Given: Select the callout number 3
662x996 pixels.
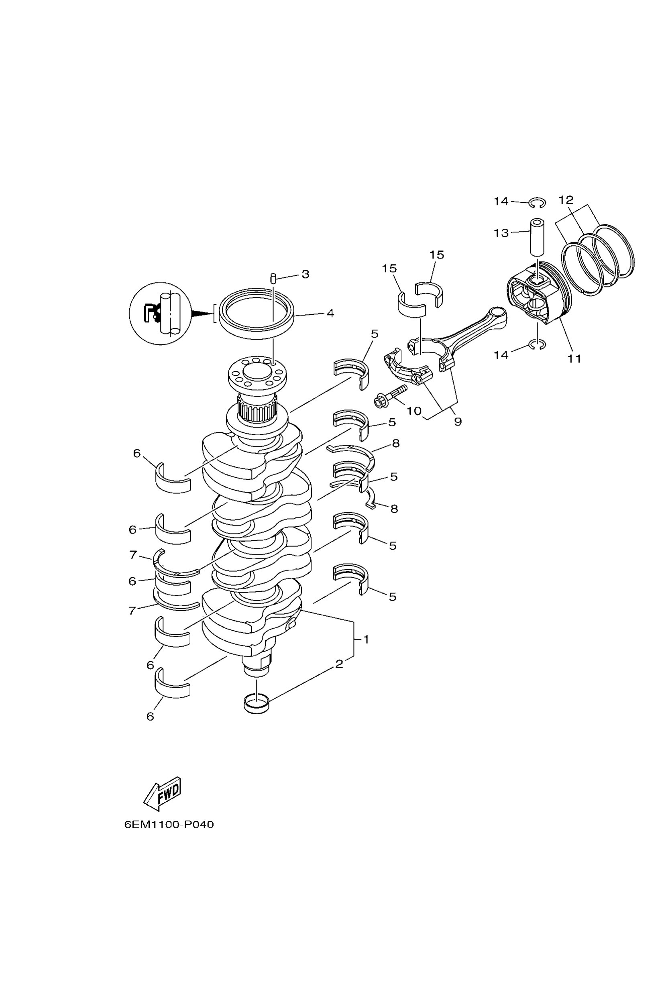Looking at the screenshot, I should (305, 274).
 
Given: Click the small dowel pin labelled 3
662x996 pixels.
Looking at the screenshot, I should (273, 279).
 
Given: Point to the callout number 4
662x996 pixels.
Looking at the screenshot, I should (330, 313).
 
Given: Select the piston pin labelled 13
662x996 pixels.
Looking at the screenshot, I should (537, 237).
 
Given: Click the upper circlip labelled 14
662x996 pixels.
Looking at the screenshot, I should (537, 203).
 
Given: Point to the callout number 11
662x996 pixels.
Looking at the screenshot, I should (574, 358).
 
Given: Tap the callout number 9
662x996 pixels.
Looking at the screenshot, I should (458, 421).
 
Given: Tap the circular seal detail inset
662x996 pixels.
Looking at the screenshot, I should (161, 314).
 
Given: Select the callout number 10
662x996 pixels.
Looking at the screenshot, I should (414, 410).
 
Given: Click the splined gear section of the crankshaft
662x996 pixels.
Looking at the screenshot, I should (257, 408).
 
